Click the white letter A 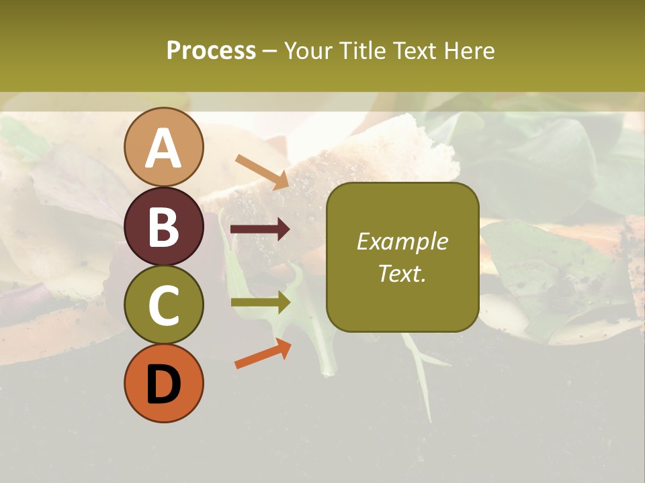(x=164, y=149)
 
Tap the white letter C (x=164, y=306)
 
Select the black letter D (x=164, y=384)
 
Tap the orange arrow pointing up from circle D (x=263, y=353)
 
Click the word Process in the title (x=211, y=51)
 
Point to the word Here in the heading (x=468, y=51)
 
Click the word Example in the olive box (x=402, y=242)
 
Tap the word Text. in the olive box (x=402, y=273)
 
